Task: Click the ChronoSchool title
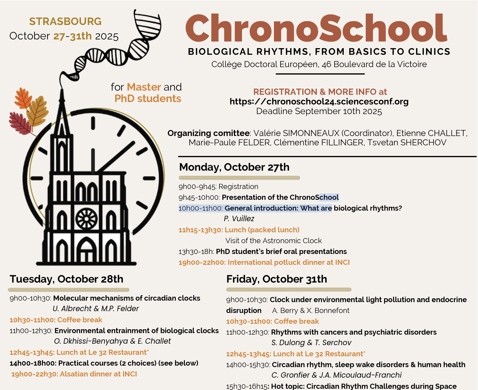pos(316,29)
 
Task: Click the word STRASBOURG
pos(65,22)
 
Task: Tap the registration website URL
pos(319,102)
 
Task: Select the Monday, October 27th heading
pos(234,167)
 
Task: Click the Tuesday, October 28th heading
pos(67,279)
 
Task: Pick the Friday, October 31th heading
pos(277,279)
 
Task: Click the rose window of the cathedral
pos(86,218)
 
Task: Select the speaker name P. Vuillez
pos(239,219)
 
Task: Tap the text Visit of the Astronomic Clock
pos(274,241)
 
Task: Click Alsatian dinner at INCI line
pos(74,374)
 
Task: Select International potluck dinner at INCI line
pos(264,262)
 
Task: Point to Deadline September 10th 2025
pos(319,111)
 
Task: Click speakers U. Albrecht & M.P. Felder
pos(96,309)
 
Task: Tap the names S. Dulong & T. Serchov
pos(311,343)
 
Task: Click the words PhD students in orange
pos(148,99)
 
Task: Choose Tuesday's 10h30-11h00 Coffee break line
pos(56,320)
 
